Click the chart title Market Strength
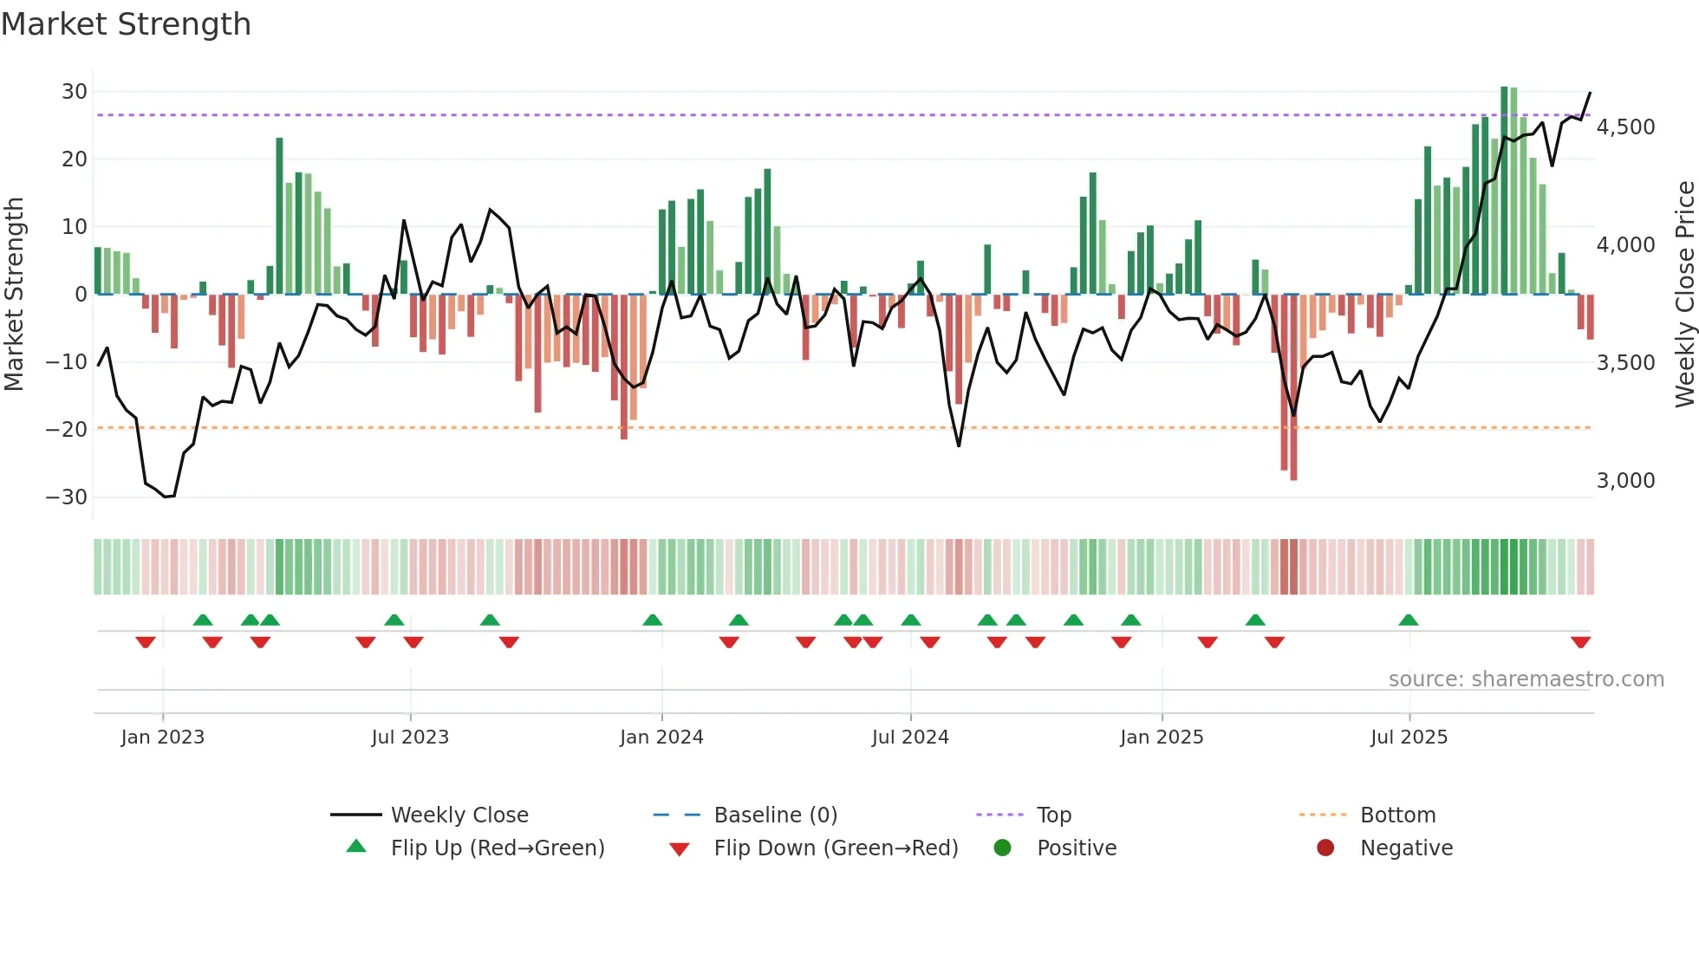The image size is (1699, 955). pyautogui.click(x=126, y=24)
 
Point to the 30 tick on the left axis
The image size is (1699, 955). pyautogui.click(x=75, y=92)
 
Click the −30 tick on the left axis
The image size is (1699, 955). pyautogui.click(x=67, y=497)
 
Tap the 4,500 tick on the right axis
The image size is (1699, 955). pyautogui.click(x=1625, y=127)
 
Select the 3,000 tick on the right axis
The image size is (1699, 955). pyautogui.click(x=1625, y=481)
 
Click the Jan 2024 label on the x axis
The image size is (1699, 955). pyautogui.click(x=661, y=737)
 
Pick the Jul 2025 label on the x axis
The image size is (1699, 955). pyautogui.click(x=1409, y=737)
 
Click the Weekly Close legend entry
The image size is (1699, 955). pyautogui.click(x=459, y=815)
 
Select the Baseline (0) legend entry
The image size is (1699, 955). pyautogui.click(x=775, y=815)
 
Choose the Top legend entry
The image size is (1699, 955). pyautogui.click(x=1053, y=815)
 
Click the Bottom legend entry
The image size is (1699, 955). pyautogui.click(x=1397, y=815)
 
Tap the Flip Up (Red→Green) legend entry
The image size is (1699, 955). pyautogui.click(x=497, y=848)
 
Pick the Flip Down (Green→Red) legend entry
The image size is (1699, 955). pyautogui.click(x=836, y=848)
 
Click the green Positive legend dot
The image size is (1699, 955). pyautogui.click(x=1003, y=848)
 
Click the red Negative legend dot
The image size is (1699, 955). pyautogui.click(x=1325, y=848)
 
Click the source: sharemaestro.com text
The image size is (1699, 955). pyautogui.click(x=1526, y=679)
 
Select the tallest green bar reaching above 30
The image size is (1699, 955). pyautogui.click(x=1505, y=191)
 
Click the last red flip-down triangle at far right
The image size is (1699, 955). pyautogui.click(x=1580, y=642)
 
